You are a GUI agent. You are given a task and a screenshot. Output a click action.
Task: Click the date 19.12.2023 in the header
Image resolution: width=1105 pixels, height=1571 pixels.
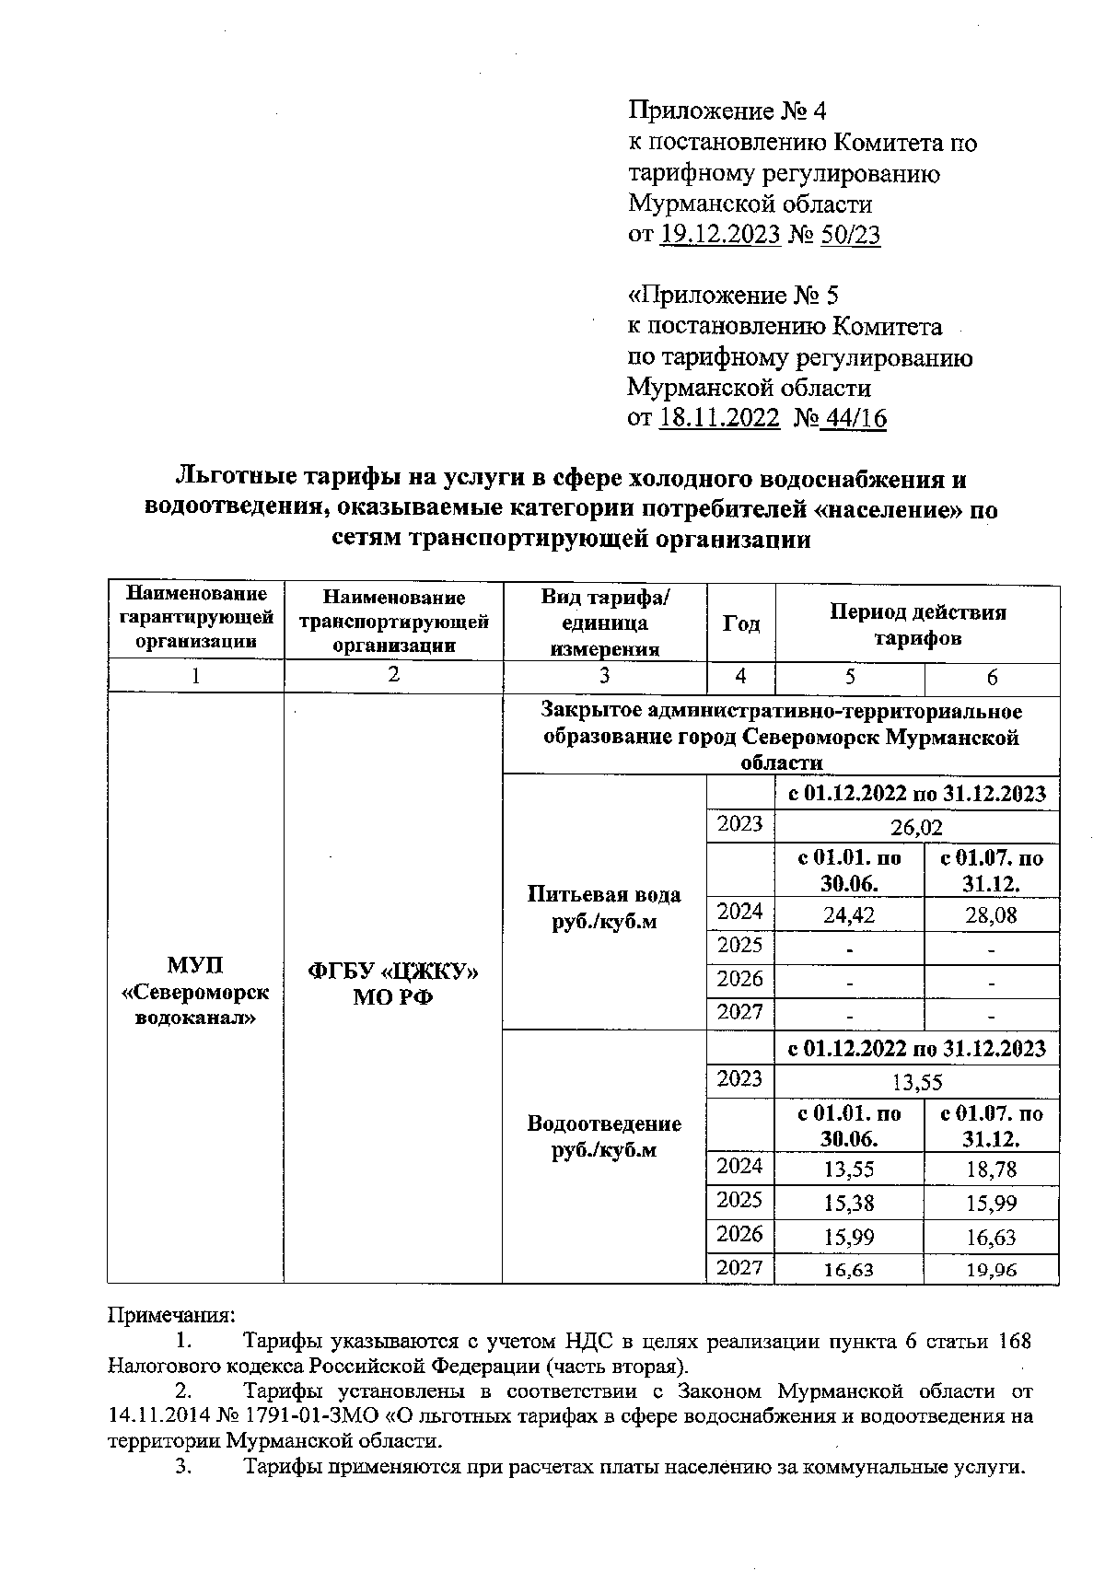click(x=720, y=235)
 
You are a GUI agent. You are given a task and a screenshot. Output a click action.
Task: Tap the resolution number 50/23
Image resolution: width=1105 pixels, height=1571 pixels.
click(x=852, y=235)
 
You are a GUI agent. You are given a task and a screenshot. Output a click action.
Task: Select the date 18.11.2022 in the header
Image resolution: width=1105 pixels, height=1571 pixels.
click(x=720, y=419)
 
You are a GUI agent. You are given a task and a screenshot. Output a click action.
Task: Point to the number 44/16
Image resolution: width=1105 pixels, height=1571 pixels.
click(x=855, y=419)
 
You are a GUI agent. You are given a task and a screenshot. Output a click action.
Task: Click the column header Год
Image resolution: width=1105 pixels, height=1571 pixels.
click(x=740, y=623)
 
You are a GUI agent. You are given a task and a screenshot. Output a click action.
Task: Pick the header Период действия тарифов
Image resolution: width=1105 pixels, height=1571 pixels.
click(x=917, y=624)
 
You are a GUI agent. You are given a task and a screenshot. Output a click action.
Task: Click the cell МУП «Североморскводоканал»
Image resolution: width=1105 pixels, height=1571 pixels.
click(x=195, y=991)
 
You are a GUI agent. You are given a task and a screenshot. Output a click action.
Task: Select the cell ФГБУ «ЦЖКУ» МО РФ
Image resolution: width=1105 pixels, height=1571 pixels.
click(x=393, y=984)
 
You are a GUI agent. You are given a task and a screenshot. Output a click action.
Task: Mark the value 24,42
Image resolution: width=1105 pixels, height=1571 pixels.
click(x=849, y=915)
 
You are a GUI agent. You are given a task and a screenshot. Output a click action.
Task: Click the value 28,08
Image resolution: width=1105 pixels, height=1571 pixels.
click(x=991, y=915)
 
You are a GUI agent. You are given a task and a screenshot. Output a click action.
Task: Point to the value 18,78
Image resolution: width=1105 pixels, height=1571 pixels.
click(x=991, y=1170)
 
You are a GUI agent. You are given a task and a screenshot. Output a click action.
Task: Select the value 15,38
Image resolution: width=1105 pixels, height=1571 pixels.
click(x=849, y=1203)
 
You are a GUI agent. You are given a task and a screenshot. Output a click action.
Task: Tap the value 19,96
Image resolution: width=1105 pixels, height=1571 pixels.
click(x=991, y=1270)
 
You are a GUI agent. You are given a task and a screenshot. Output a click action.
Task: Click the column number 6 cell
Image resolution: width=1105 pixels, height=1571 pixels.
click(x=992, y=678)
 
